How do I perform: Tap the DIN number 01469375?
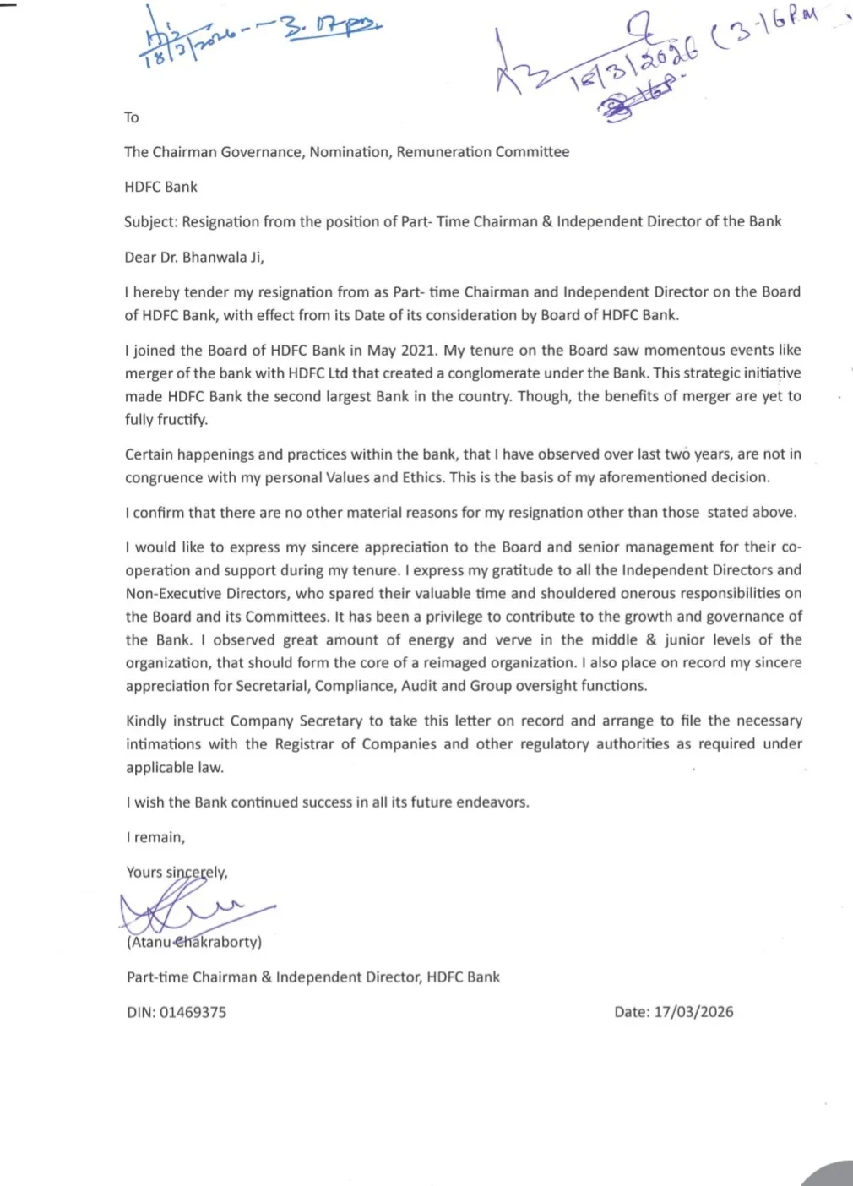(x=193, y=1012)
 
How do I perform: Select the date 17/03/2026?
(x=693, y=1012)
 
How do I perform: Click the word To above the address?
(x=132, y=117)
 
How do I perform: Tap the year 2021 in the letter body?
(x=420, y=351)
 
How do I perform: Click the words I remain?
(x=155, y=837)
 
